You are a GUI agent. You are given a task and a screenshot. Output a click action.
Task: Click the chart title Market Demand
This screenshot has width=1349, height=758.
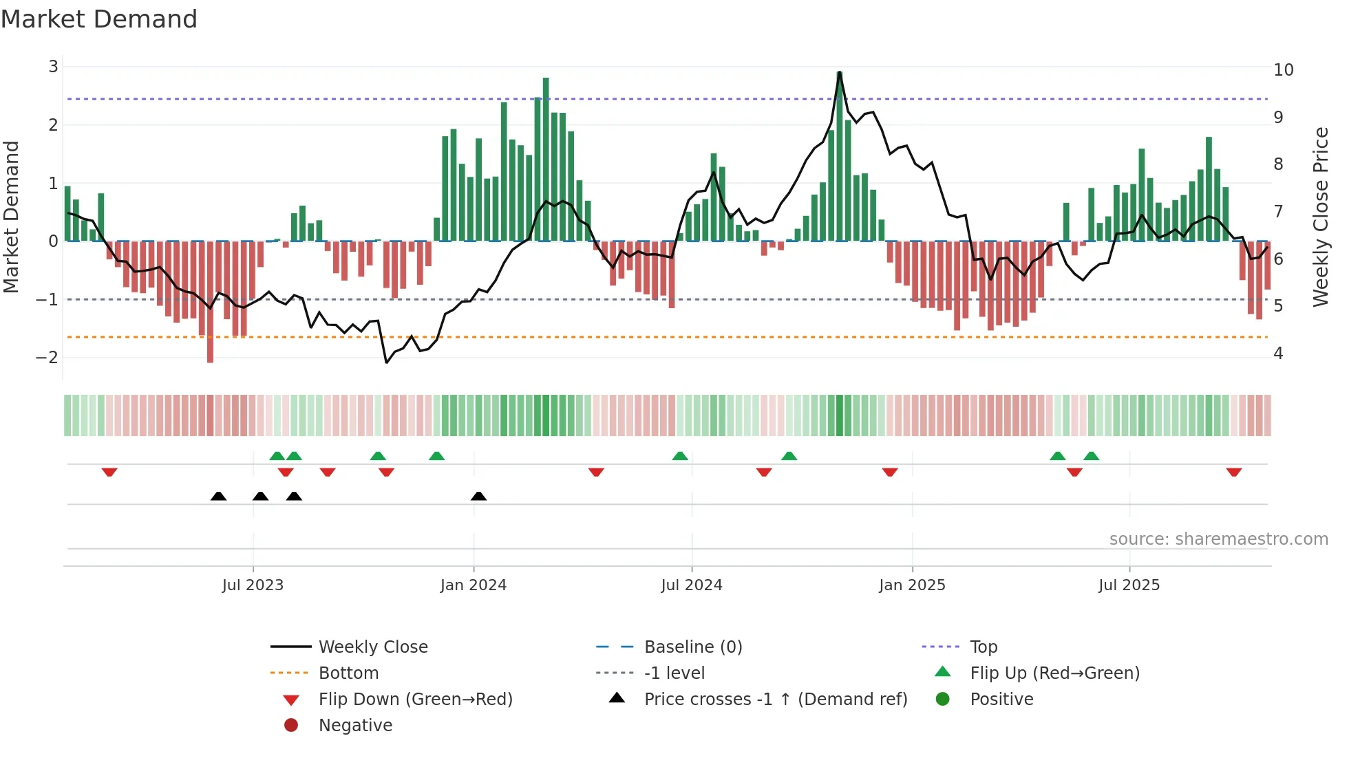(x=99, y=19)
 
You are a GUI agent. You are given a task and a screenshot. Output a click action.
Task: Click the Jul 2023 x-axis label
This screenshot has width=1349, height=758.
(x=253, y=585)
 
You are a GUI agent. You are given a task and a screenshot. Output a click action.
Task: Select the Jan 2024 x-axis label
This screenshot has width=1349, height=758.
(x=474, y=585)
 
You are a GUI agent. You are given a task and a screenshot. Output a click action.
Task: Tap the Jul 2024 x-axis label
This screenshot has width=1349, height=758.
(x=692, y=585)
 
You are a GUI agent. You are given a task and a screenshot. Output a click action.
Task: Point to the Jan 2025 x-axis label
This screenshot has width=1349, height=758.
(x=912, y=585)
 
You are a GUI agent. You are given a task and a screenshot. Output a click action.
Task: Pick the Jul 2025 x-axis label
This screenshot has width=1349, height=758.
(x=1129, y=585)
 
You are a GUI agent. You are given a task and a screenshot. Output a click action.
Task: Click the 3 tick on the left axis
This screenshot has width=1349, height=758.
(x=53, y=67)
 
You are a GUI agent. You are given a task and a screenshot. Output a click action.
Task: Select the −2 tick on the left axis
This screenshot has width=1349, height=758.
(x=47, y=358)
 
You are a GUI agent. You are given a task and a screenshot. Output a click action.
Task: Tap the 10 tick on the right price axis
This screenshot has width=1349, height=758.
(x=1284, y=70)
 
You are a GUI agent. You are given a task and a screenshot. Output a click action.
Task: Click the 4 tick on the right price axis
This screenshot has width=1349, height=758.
(x=1278, y=354)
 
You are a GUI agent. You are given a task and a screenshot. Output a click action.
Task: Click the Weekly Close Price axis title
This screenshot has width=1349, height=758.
(x=1320, y=217)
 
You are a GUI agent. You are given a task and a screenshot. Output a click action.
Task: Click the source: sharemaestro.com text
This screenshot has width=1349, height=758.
(x=1218, y=539)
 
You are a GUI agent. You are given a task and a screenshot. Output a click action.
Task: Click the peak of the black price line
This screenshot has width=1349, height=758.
(x=840, y=72)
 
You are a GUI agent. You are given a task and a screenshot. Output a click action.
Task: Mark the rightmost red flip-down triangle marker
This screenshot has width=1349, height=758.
(x=1233, y=472)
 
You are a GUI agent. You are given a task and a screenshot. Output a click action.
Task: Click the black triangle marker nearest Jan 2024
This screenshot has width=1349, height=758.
(x=479, y=496)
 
